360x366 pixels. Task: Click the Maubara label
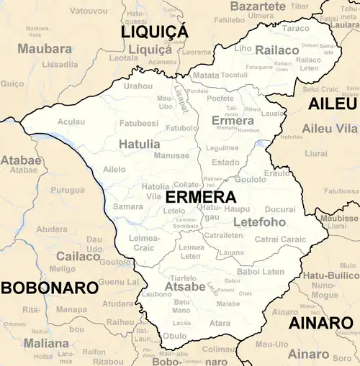(x=45, y=49)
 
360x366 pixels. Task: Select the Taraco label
(x=295, y=29)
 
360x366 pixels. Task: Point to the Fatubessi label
(x=138, y=123)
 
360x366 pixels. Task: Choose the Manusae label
(x=171, y=155)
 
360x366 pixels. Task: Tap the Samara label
(x=127, y=206)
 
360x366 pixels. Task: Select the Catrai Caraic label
(x=281, y=239)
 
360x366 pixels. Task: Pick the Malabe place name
(x=228, y=304)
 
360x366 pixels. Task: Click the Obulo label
(x=174, y=336)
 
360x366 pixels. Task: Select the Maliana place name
(x=46, y=343)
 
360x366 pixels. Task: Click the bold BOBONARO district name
(x=49, y=288)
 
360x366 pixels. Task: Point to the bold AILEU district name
(x=333, y=104)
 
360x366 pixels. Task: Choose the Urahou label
(x=138, y=86)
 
